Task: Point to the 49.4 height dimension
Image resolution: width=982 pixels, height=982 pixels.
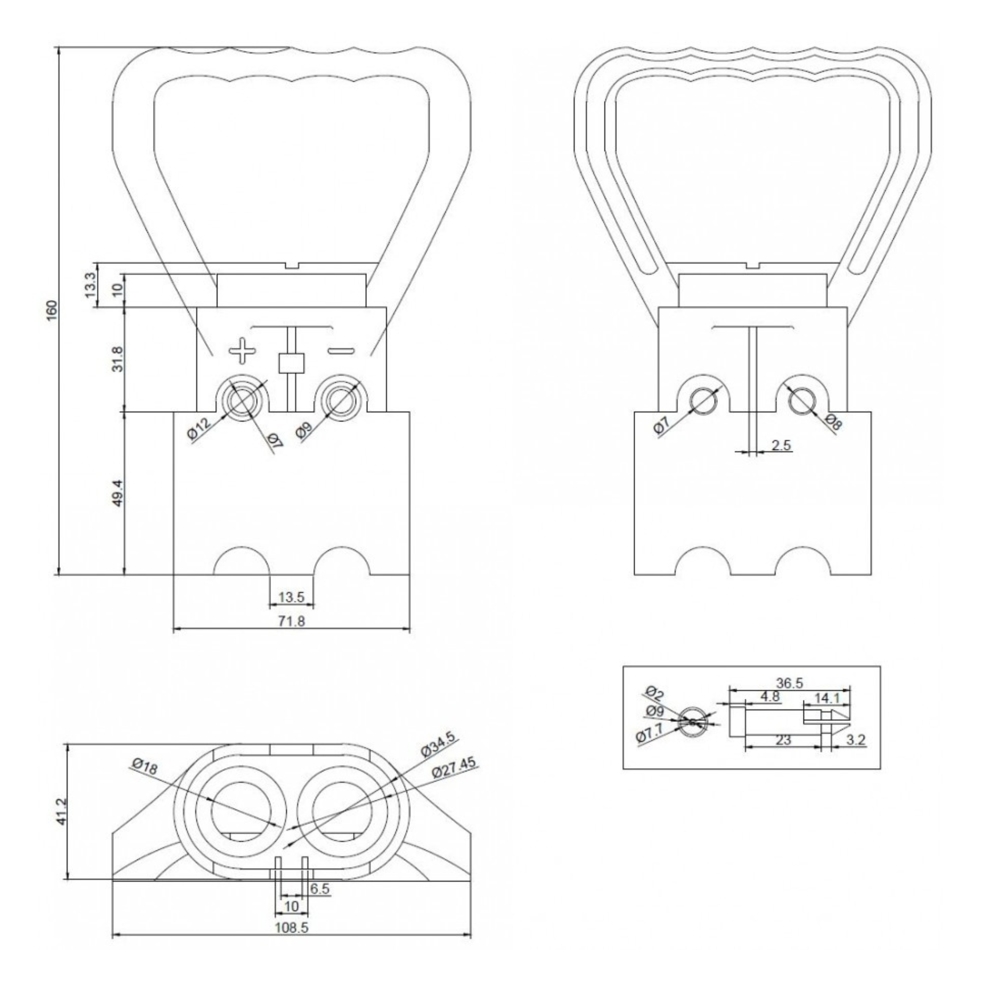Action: [x=118, y=492]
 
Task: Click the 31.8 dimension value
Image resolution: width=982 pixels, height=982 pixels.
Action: [x=118, y=359]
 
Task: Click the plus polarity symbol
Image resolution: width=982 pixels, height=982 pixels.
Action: [x=242, y=350]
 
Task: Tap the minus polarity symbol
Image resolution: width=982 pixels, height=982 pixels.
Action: [x=341, y=350]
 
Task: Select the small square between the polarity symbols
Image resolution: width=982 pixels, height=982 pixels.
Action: [x=291, y=363]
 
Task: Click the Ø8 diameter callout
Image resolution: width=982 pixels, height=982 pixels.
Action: [x=832, y=422]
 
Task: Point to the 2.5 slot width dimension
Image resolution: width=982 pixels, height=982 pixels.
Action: [x=781, y=445]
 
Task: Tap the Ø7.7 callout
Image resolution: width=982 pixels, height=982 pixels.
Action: [x=650, y=732]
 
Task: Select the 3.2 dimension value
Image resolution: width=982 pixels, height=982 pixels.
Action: [x=855, y=740]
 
